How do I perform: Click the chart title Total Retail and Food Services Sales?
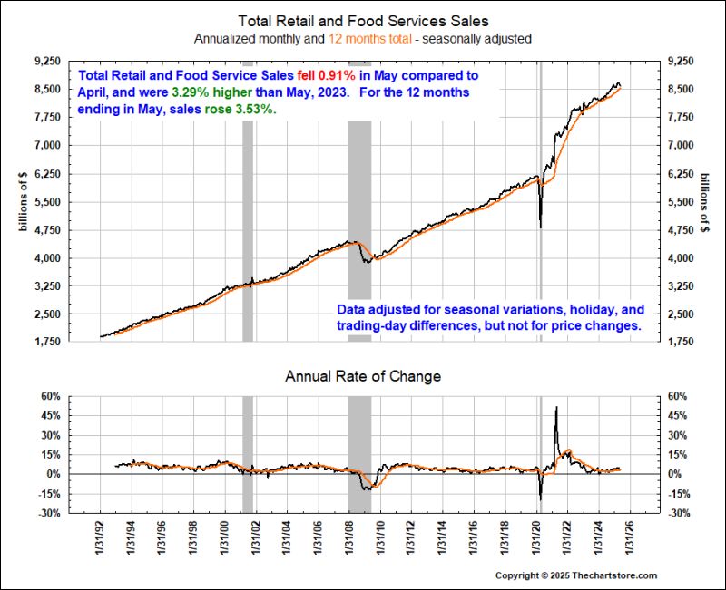pyautogui.click(x=362, y=21)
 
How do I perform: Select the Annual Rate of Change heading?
pyautogui.click(x=362, y=375)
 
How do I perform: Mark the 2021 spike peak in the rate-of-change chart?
pyautogui.click(x=555, y=407)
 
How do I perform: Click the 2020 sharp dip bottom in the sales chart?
pyautogui.click(x=541, y=227)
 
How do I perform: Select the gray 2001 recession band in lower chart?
pyautogui.click(x=247, y=454)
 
